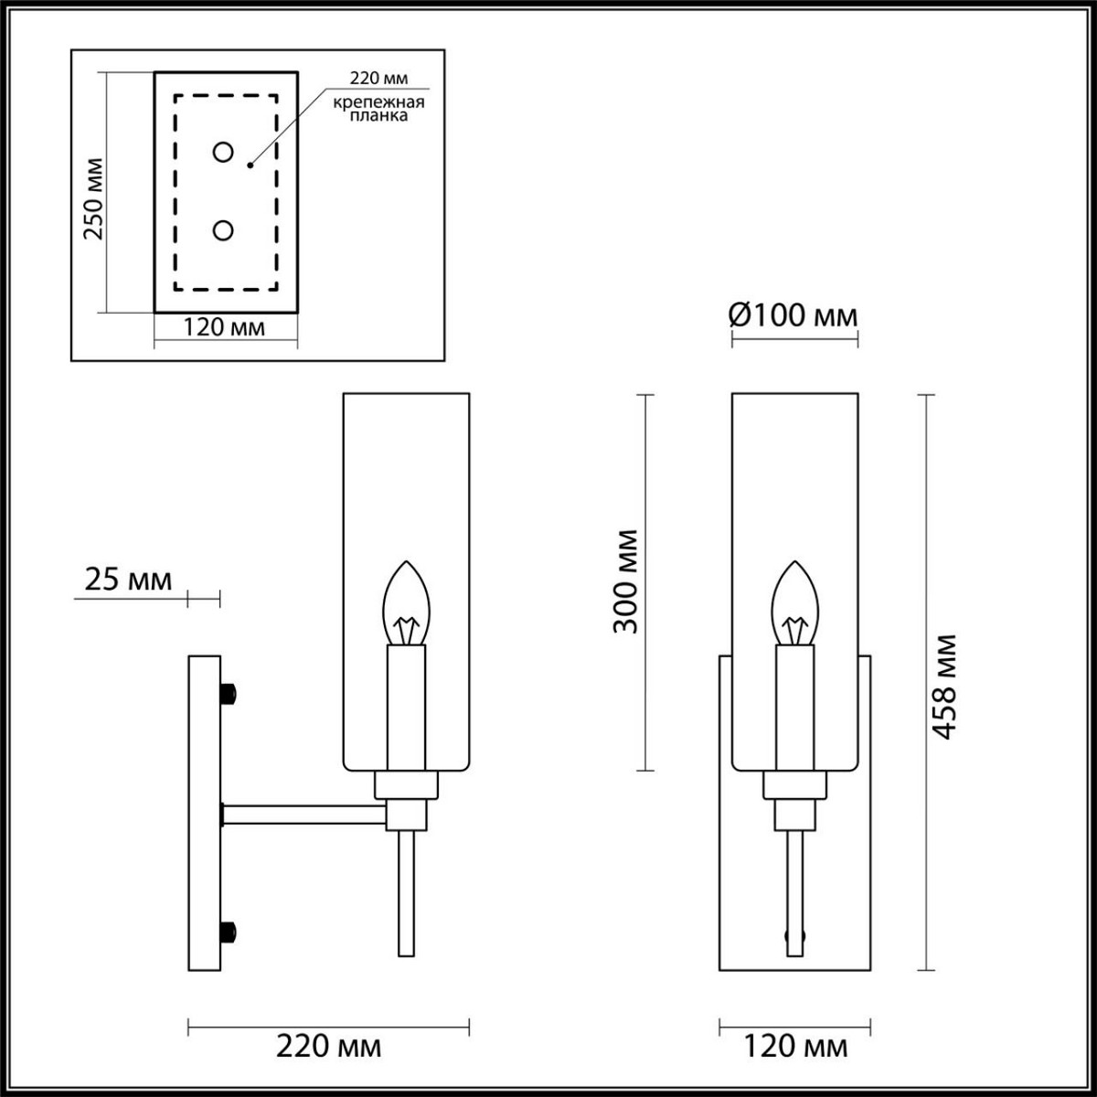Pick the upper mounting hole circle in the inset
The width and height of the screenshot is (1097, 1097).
(x=222, y=153)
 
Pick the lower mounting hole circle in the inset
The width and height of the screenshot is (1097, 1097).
(x=222, y=231)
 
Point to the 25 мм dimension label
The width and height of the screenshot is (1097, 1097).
(x=128, y=579)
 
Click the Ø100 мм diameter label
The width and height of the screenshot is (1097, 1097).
(x=793, y=316)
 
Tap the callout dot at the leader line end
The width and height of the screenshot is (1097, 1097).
(x=250, y=166)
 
